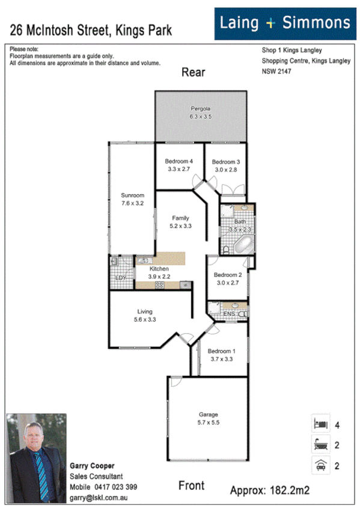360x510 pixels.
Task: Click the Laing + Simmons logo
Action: (x=285, y=23)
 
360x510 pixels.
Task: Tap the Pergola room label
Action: (x=200, y=108)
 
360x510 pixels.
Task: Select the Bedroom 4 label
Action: (x=178, y=161)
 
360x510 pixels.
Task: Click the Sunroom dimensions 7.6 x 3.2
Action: (x=132, y=203)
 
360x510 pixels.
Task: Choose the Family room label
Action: (x=181, y=218)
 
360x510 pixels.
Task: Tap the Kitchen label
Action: (x=159, y=269)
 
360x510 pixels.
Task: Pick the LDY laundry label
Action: (x=121, y=277)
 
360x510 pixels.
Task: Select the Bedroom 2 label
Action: (x=227, y=275)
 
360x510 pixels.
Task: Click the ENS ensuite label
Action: (x=228, y=313)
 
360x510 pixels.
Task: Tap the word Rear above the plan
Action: (x=194, y=73)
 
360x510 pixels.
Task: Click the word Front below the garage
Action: (x=191, y=485)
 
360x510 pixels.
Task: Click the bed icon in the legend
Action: (x=319, y=424)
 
